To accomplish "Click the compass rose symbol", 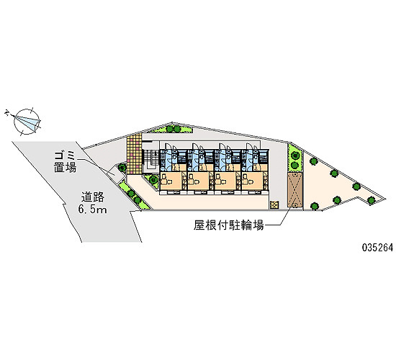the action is pyautogui.click(x=27, y=122).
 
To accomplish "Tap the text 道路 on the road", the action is pyautogui.click(x=92, y=197).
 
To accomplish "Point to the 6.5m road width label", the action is pyautogui.click(x=92, y=210).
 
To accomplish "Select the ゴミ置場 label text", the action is pyautogui.click(x=65, y=162).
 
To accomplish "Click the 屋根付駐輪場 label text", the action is pyautogui.click(x=228, y=225).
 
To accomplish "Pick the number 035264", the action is pyautogui.click(x=377, y=248).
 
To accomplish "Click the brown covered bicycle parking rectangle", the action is pyautogui.click(x=295, y=191).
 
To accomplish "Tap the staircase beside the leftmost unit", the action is pyautogui.click(x=150, y=161).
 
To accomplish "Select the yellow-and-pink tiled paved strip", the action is pyautogui.click(x=134, y=153).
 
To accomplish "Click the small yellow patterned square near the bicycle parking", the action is pyautogui.click(x=274, y=204).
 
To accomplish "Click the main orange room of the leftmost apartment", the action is pyautogui.click(x=171, y=181).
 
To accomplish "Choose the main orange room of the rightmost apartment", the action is pyautogui.click(x=252, y=181).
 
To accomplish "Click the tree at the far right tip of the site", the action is pyautogui.click(x=371, y=200).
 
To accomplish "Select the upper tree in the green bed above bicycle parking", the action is pyautogui.click(x=294, y=155).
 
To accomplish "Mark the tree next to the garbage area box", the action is pyautogui.click(x=122, y=167).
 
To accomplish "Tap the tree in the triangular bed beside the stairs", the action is pyautogui.click(x=153, y=179).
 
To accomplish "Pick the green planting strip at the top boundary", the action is pyautogui.click(x=172, y=128).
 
